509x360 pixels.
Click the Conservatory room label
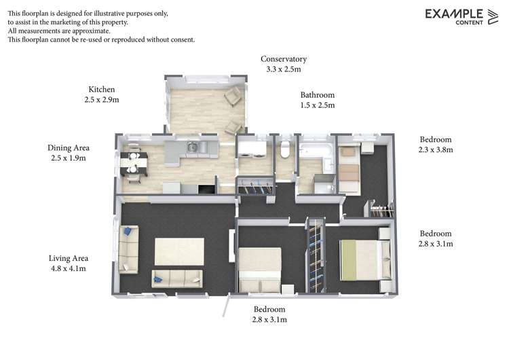(x=284, y=64)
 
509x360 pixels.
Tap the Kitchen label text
(x=102, y=94)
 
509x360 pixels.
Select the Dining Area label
(x=69, y=152)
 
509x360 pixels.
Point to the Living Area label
(x=69, y=263)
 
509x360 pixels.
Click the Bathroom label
(x=318, y=100)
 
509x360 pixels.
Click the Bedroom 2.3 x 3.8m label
(x=435, y=144)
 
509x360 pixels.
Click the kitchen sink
(x=193, y=147)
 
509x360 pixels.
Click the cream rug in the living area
(x=179, y=251)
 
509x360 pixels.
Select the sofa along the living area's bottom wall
(x=176, y=278)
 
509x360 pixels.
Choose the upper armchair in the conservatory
(x=233, y=96)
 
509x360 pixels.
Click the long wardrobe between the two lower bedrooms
(x=316, y=255)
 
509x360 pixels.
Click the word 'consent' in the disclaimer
(x=182, y=39)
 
